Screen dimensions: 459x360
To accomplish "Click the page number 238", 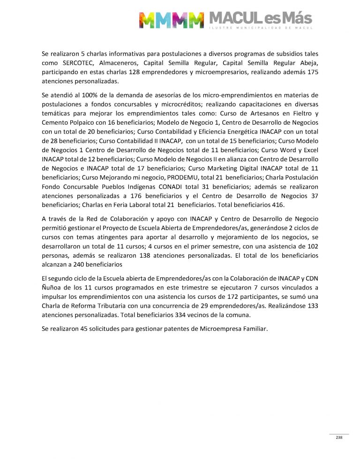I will pos(339,437).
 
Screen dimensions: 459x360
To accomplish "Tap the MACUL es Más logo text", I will pos(261,19).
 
